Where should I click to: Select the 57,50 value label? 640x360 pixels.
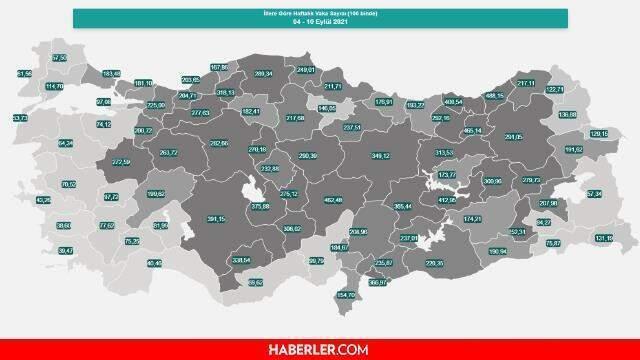click(x=59, y=59)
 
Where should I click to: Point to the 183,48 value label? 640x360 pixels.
click(x=112, y=73)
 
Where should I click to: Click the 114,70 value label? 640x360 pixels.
click(x=55, y=86)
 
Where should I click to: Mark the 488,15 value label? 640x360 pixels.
click(x=493, y=96)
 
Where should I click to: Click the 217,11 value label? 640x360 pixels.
click(x=526, y=83)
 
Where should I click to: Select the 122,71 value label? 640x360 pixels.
click(x=555, y=90)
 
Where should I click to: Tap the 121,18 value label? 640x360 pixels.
click(x=603, y=238)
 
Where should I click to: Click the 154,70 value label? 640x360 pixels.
click(x=345, y=295)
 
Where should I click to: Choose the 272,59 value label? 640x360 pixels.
click(x=122, y=162)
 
